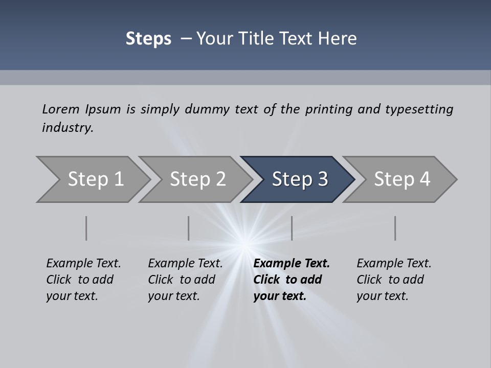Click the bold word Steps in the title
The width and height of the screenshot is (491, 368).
[x=148, y=38]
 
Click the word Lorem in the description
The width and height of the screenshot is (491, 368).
[x=60, y=109]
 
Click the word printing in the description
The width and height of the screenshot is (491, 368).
[x=329, y=109]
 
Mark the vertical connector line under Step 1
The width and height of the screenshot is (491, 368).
[x=86, y=228]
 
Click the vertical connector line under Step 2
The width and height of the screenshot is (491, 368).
[x=188, y=228]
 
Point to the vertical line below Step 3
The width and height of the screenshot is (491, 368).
[x=292, y=228]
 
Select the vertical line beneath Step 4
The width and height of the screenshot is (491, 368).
[x=395, y=228]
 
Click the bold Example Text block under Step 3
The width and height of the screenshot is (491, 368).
[x=292, y=280]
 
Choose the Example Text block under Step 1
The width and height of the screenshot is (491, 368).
[x=83, y=280]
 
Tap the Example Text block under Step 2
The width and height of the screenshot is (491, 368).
[x=185, y=280]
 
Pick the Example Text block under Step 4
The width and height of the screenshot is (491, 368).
[x=394, y=280]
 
